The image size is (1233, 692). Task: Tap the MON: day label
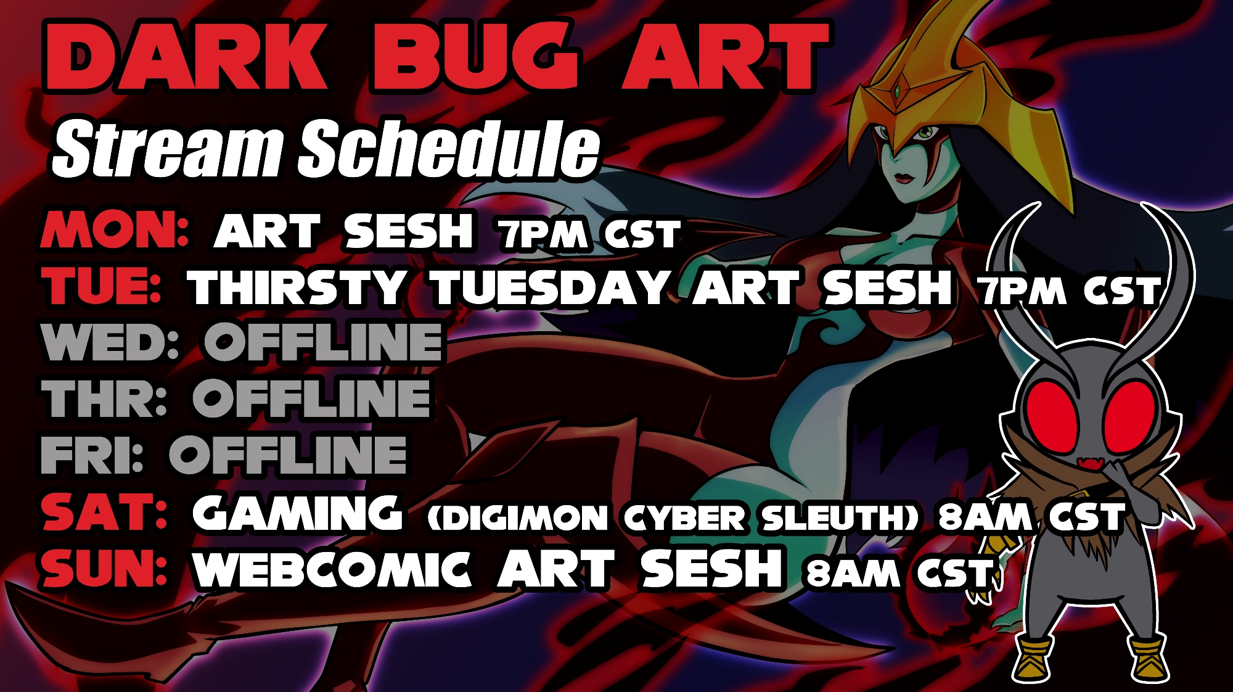tap(115, 230)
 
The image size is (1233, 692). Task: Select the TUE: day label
tap(102, 286)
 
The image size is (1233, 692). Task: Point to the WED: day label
tap(110, 342)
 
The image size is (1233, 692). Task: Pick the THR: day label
tap(104, 398)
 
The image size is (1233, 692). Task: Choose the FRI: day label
tap(92, 455)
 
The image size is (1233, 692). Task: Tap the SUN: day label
tap(104, 568)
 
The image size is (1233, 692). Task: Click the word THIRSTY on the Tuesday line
tap(298, 287)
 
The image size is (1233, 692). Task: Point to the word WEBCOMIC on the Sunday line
tap(332, 569)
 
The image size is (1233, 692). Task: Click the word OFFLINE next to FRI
tap(288, 455)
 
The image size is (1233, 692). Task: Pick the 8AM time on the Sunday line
tap(853, 573)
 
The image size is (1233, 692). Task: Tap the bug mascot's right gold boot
tap(1149, 657)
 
